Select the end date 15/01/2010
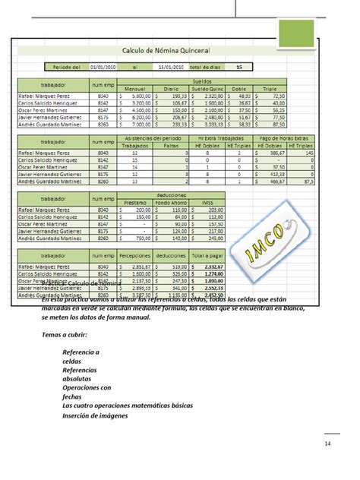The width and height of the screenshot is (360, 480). pos(171,67)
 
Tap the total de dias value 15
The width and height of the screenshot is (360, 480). pos(239,67)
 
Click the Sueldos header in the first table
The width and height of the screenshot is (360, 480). pos(202,80)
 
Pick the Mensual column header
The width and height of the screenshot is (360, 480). pos(134,87)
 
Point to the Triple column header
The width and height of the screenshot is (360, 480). pos(269,87)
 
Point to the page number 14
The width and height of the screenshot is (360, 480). pos(327,444)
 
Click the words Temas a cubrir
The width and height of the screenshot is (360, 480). pos(65,335)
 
